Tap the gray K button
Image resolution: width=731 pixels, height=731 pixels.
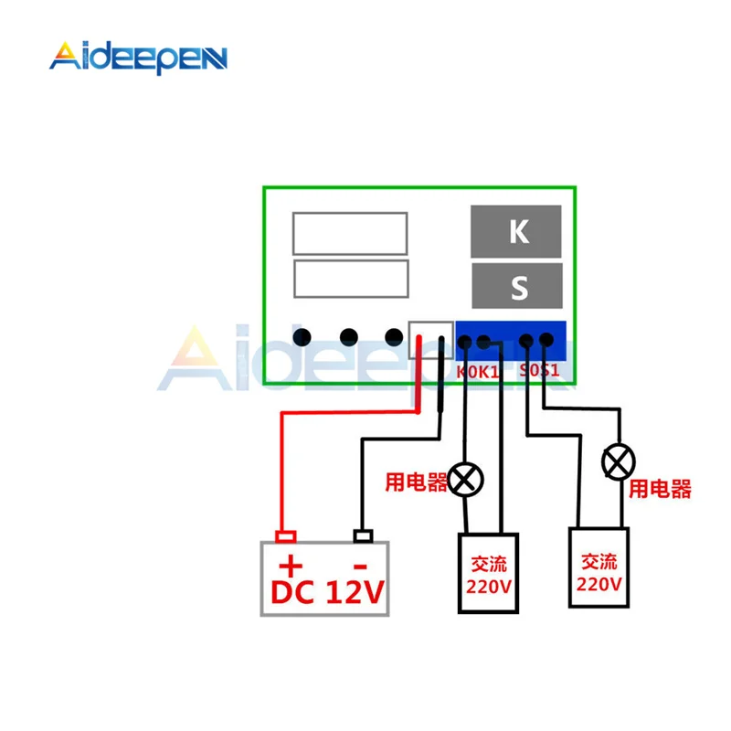pyautogui.click(x=518, y=232)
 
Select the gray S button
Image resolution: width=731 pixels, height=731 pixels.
pyautogui.click(x=518, y=288)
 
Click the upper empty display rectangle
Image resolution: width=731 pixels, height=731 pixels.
pyautogui.click(x=349, y=233)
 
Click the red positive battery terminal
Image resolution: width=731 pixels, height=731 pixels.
pyautogui.click(x=286, y=535)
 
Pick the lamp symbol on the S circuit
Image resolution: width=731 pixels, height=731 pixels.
pyautogui.click(x=619, y=461)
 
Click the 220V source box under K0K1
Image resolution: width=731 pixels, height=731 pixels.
pyautogui.click(x=488, y=573)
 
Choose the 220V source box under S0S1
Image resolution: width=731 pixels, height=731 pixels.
pyautogui.click(x=599, y=567)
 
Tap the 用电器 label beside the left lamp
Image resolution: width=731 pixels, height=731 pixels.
pyautogui.click(x=416, y=481)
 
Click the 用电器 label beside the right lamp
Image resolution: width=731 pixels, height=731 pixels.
pyautogui.click(x=661, y=489)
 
